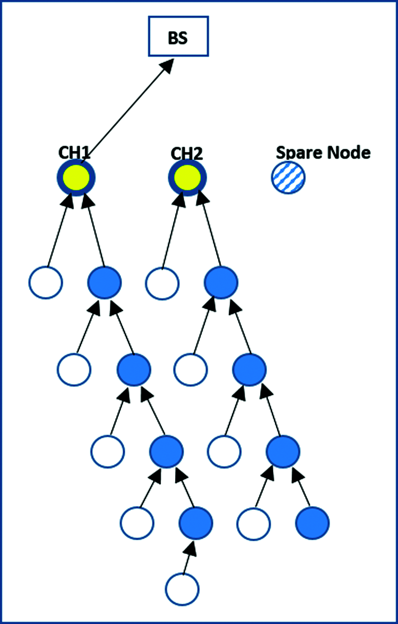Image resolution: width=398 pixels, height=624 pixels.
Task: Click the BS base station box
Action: coord(178,36)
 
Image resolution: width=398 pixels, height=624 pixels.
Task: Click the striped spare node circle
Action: coord(288,177)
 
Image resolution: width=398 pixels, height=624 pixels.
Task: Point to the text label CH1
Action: coord(74,153)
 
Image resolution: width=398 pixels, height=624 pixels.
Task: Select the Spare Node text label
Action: coord(323,152)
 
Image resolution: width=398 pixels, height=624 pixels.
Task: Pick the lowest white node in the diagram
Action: coord(182,588)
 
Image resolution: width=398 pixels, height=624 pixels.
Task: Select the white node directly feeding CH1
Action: coord(46,282)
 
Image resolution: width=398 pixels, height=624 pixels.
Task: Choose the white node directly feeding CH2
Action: coord(162,282)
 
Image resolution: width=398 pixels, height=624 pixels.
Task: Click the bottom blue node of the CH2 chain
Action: coord(313,523)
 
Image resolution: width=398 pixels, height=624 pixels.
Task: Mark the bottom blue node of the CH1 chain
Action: coord(196,523)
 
